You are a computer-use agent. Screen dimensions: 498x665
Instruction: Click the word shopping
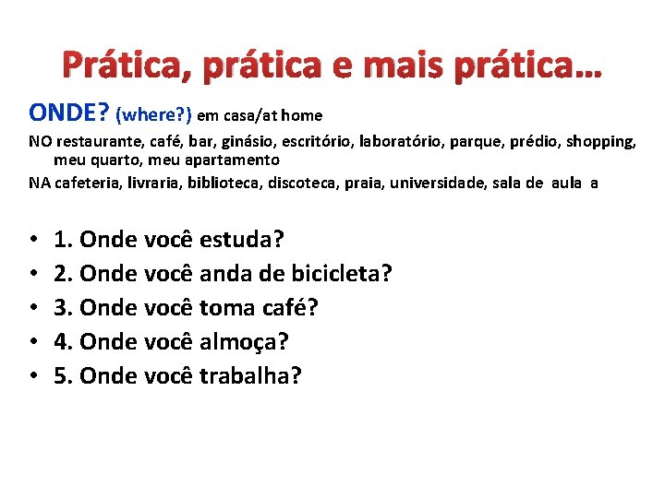tap(600, 142)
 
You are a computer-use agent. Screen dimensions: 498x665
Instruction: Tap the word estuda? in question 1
tap(242, 240)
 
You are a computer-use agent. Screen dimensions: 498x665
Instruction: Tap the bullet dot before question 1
tap(33, 241)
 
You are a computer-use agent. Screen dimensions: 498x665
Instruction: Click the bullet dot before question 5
tap(33, 376)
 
